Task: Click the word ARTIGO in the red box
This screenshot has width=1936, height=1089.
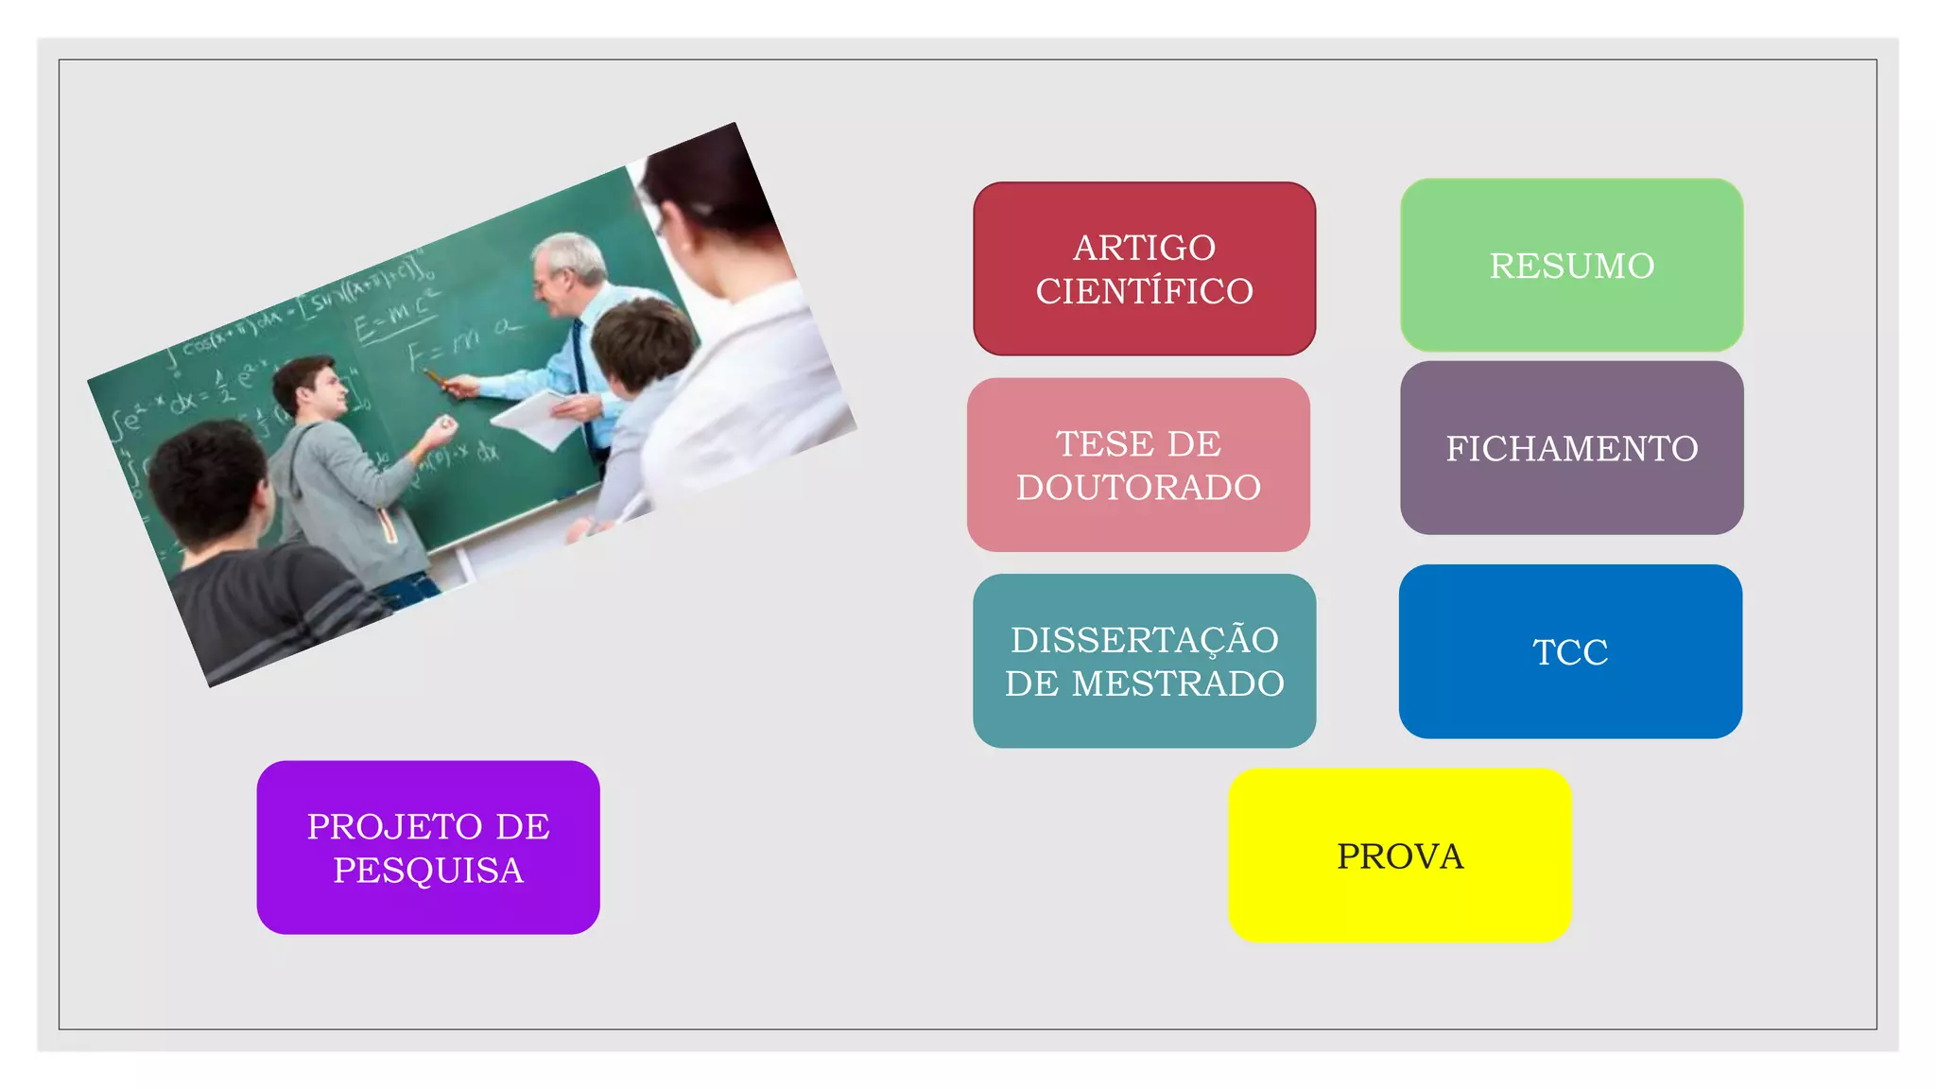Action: tap(1144, 248)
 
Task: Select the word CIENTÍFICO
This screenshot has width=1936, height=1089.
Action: tap(1144, 291)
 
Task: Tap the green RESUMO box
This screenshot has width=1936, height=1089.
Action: tap(1571, 266)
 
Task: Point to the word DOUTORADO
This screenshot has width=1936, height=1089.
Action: tap(1138, 488)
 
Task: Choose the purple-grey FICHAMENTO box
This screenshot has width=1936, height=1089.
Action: tap(1571, 448)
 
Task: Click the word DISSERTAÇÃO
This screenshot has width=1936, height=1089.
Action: tap(1144, 640)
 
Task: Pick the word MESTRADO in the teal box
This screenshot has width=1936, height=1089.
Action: tap(1178, 683)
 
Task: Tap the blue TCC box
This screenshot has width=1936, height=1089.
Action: tap(1570, 652)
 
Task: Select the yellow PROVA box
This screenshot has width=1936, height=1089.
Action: tap(1399, 856)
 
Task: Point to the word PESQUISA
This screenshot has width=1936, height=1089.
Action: tap(428, 871)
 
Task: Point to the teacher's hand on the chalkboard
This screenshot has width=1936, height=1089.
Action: tap(461, 386)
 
